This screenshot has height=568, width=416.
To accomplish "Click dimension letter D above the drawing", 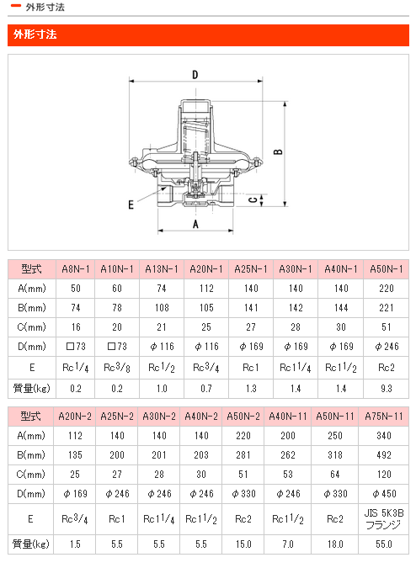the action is click(x=195, y=75).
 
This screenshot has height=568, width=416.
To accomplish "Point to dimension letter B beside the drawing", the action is click(x=278, y=151).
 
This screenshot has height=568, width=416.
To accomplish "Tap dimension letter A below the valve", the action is click(x=195, y=225).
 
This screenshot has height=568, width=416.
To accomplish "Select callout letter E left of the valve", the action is click(x=131, y=205).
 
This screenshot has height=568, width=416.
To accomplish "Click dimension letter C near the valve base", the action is click(x=253, y=200).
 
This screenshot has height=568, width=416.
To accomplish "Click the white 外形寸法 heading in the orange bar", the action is click(x=35, y=35).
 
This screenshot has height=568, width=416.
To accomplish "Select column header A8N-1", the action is click(x=76, y=269).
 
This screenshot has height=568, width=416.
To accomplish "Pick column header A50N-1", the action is click(x=387, y=269).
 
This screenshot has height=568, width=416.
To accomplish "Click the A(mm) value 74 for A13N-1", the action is click(x=162, y=289).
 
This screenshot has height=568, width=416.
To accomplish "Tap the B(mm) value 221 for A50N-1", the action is click(x=387, y=307).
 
